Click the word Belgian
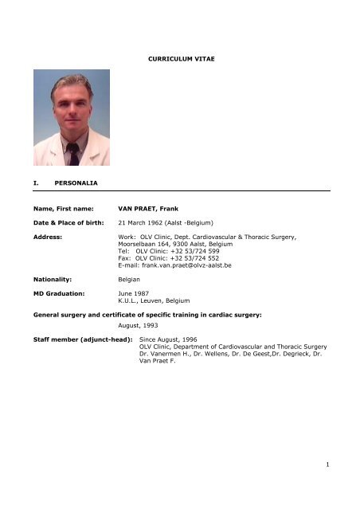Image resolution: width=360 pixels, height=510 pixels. coord(130,304)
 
